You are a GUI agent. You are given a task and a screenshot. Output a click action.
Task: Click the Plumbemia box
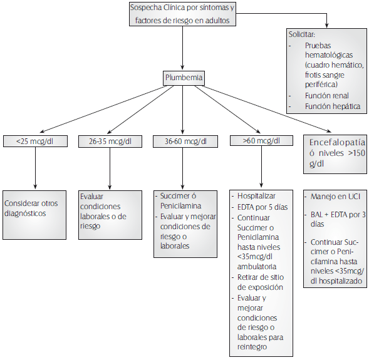[183, 78]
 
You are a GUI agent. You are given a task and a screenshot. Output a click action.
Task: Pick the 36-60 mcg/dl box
[182, 141]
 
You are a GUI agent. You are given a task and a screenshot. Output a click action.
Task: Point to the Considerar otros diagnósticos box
[34, 208]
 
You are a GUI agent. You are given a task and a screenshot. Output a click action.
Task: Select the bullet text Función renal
[328, 95]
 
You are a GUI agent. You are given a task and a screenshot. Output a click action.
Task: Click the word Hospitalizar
[256, 196]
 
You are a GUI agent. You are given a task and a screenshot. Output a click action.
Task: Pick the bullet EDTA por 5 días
[261, 207]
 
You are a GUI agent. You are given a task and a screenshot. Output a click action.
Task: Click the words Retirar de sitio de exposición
[259, 282]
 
